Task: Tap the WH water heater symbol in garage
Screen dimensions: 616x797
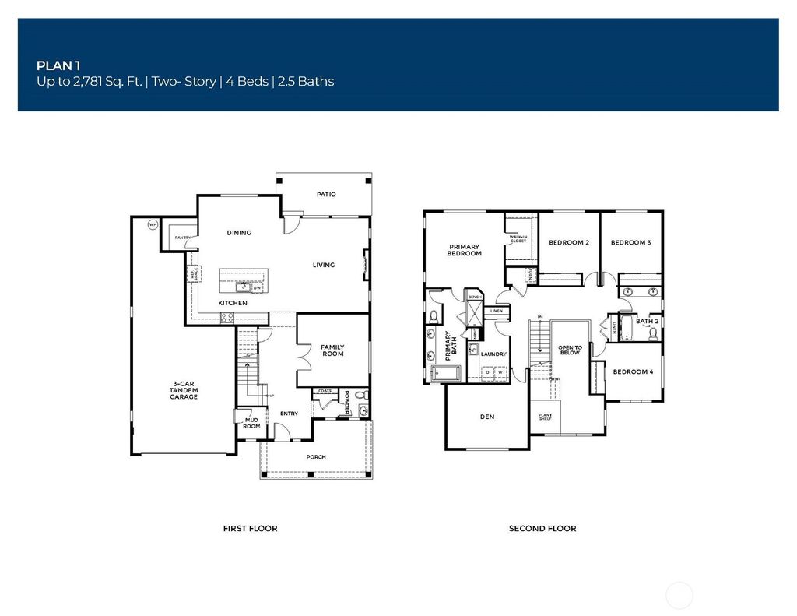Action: [153, 225]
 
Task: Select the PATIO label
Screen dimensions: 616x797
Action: [326, 194]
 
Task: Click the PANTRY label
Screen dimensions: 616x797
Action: [183, 238]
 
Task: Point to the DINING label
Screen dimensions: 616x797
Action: [239, 233]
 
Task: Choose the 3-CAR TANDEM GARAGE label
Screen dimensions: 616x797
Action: [184, 391]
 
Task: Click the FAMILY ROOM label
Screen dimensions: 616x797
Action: [332, 350]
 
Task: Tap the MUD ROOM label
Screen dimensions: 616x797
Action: [251, 423]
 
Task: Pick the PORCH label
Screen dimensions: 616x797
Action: [316, 457]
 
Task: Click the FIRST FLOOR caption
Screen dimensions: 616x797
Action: [250, 529]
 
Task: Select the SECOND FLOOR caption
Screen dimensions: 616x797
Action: [542, 529]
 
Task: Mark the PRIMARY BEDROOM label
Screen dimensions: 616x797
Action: [465, 250]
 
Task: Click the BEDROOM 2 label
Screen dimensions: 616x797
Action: [569, 243]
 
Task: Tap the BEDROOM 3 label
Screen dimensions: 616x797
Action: [630, 243]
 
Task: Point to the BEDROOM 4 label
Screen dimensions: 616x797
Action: [633, 372]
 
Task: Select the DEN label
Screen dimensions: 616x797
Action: [487, 417]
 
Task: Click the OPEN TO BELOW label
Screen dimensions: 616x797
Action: [570, 350]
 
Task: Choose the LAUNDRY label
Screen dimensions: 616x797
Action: [493, 354]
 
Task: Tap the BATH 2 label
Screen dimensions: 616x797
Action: [648, 321]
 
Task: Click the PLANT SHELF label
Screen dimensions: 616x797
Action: [545, 417]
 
